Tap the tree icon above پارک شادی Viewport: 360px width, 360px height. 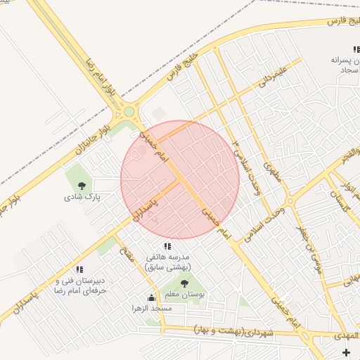[82, 186]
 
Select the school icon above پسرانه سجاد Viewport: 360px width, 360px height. [356, 49]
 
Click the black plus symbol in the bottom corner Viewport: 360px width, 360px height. [345, 352]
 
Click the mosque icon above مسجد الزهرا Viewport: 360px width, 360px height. [150, 297]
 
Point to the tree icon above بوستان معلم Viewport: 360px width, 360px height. [184, 283]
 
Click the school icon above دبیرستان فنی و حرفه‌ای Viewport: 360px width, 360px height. [79, 269]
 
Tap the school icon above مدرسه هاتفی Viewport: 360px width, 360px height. [167, 246]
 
